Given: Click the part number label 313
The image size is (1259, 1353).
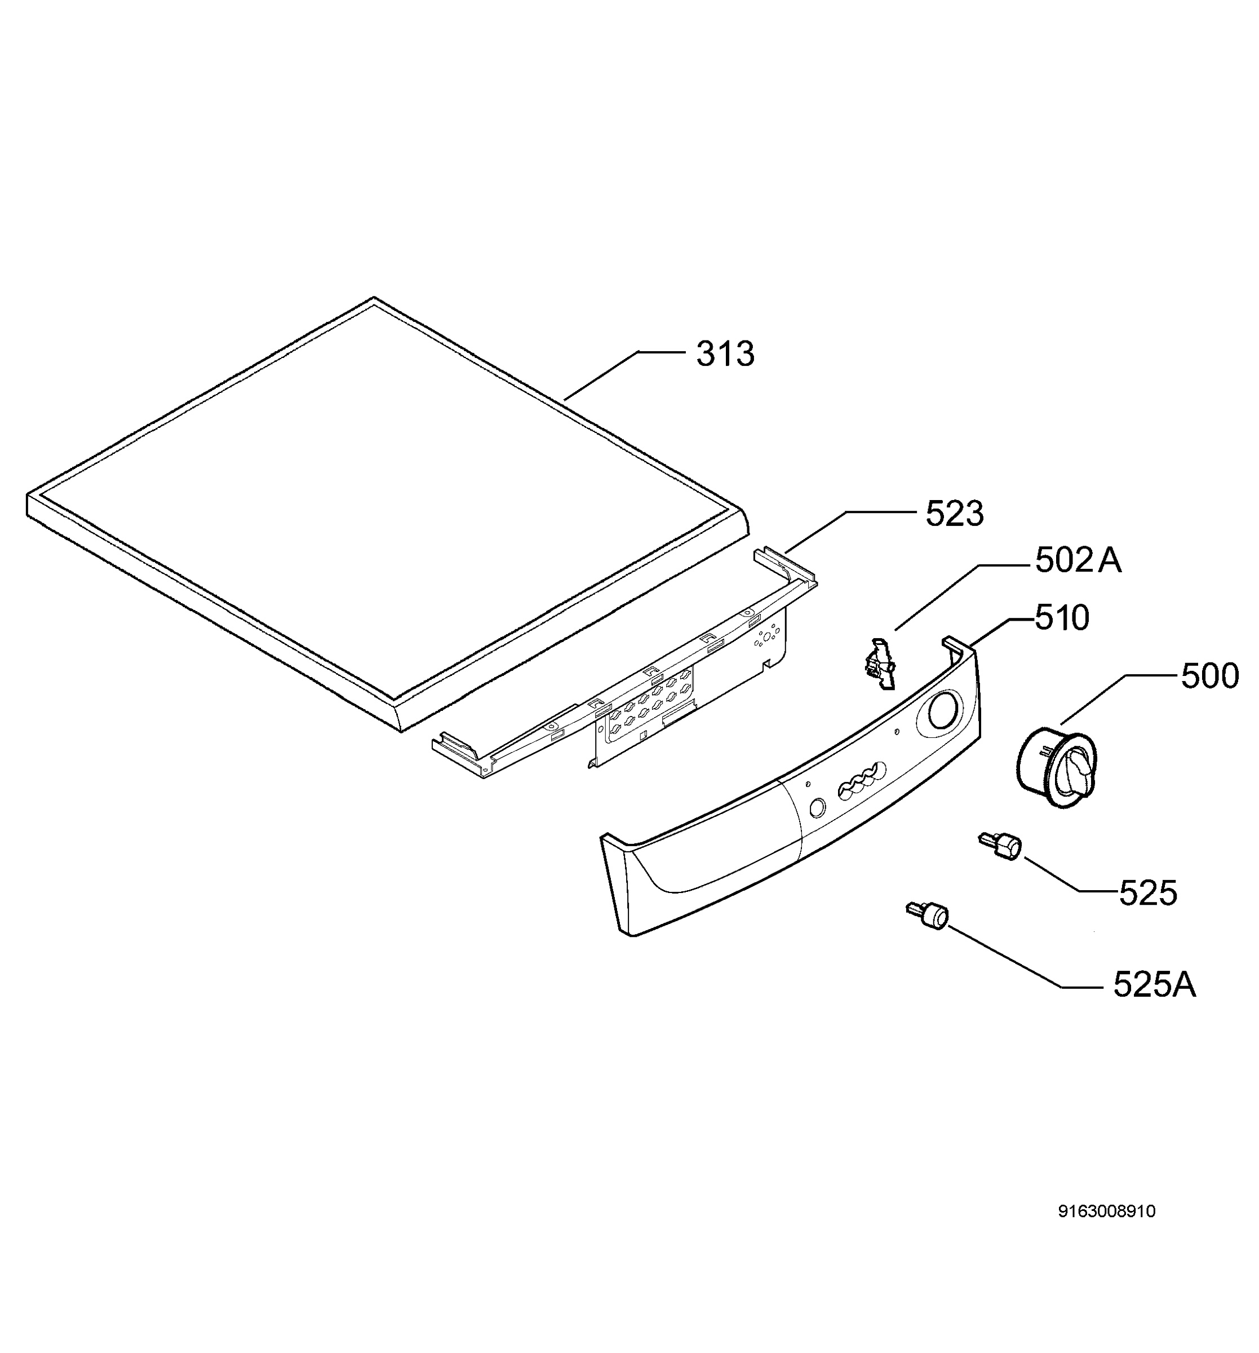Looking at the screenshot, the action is point(725,355).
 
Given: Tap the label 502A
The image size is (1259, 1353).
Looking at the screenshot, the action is point(1078,561).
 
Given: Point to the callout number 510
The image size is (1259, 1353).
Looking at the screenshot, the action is point(1062,618).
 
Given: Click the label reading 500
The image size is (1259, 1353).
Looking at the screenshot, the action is point(1209,677).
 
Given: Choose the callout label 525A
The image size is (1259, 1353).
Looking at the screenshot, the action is point(1154,985).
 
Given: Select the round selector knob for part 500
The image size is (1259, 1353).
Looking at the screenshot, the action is point(1056,767).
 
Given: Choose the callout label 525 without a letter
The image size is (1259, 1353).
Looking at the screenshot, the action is point(1148,893).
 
